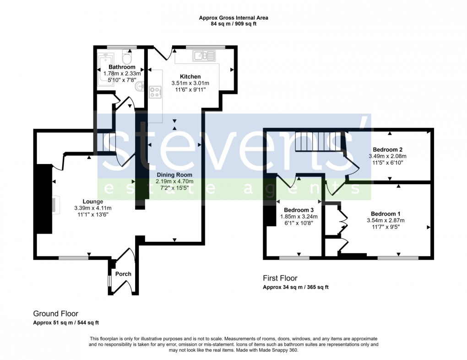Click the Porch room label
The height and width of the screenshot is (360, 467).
(x=123, y=274)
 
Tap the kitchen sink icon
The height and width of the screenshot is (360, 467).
(x=204, y=56)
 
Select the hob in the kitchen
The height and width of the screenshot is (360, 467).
(x=155, y=92)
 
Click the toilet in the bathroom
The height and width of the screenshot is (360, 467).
(x=127, y=58)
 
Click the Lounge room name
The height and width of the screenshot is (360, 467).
(x=92, y=201)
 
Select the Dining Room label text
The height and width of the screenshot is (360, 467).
(x=174, y=175)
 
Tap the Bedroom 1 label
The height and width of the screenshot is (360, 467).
(x=386, y=213)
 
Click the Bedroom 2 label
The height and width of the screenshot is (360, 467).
(x=387, y=149)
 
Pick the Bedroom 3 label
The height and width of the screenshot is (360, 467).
(x=292, y=210)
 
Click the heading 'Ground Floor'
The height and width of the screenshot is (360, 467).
(x=55, y=314)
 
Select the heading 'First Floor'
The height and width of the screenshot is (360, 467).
(x=280, y=278)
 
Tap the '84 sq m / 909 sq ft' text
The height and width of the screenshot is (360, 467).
(x=233, y=24)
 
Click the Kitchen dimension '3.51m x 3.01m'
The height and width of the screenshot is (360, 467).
(x=190, y=83)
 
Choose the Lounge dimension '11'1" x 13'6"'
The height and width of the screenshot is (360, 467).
(x=93, y=214)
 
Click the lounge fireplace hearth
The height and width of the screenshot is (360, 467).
(x=56, y=205)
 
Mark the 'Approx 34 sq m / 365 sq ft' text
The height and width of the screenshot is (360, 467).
(x=295, y=287)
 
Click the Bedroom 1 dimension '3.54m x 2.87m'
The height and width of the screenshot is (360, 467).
(x=386, y=220)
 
